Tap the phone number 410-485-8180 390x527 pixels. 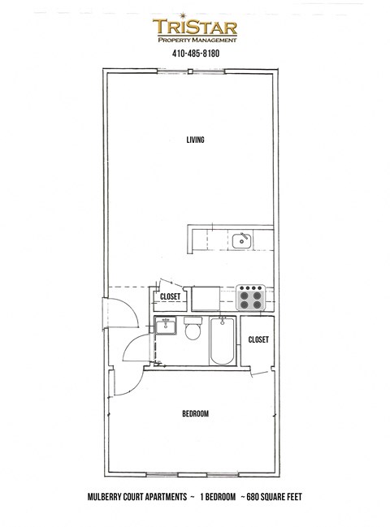coord(195,54)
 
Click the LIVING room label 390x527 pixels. coord(194,140)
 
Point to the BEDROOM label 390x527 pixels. coord(195,413)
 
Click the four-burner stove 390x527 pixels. coord(252,299)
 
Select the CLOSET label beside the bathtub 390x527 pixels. coord(258,339)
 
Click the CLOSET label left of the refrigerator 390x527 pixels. coord(170,296)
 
